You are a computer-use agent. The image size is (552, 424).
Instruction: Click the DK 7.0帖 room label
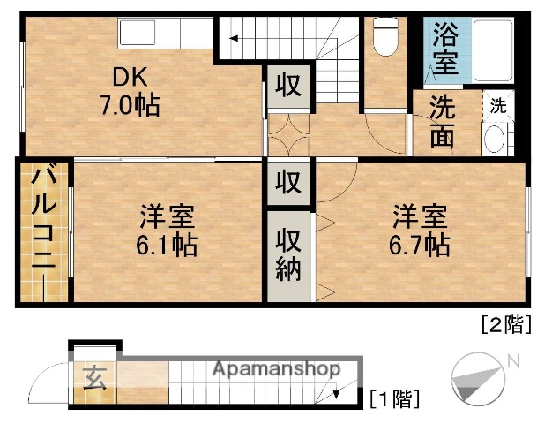tap(128, 92)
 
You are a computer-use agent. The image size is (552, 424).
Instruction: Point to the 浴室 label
tap(444, 49)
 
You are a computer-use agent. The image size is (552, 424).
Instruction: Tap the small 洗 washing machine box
tap(498, 105)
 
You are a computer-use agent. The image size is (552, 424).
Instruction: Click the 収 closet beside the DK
tap(288, 86)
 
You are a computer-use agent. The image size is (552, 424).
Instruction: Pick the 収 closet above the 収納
tap(288, 183)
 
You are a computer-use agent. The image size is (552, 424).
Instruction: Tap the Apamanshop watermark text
tap(275, 369)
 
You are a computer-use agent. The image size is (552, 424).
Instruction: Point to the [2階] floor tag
tap(504, 324)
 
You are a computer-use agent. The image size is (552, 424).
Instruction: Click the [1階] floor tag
tap(393, 398)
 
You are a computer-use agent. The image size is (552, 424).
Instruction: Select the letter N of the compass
tap(513, 360)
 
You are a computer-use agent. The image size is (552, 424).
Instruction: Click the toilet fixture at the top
tap(384, 36)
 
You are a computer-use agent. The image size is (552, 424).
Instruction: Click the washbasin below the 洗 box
tap(494, 138)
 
